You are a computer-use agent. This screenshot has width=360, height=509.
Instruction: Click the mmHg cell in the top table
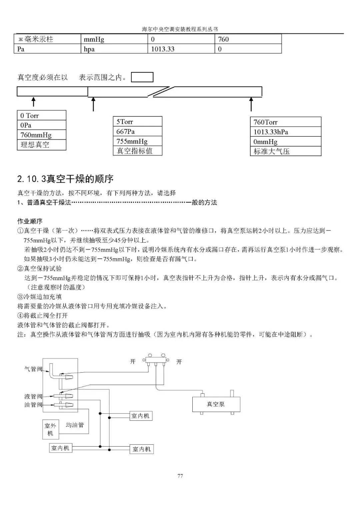[x=114, y=39]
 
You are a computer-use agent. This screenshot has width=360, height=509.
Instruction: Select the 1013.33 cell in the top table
[x=181, y=49]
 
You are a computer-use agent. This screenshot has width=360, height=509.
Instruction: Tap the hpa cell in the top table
[x=114, y=49]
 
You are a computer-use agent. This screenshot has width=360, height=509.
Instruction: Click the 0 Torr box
[x=41, y=115]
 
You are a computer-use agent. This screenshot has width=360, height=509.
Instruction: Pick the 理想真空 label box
[x=41, y=145]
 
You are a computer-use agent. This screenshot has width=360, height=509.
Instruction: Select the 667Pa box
[x=137, y=131]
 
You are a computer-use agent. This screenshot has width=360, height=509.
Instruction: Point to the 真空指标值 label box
[x=137, y=151]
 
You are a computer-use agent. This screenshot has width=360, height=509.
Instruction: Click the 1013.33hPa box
[x=285, y=132]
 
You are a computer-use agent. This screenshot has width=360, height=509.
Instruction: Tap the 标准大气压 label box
[x=285, y=151]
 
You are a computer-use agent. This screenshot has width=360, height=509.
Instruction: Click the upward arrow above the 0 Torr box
[x=33, y=101]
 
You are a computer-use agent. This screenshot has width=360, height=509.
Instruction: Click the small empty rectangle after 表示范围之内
[x=142, y=77]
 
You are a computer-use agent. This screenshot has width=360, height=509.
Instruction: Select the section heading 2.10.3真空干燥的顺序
[x=65, y=179]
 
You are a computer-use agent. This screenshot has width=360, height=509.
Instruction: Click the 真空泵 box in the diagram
[x=216, y=404]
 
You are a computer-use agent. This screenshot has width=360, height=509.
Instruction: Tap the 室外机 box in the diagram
[x=50, y=429]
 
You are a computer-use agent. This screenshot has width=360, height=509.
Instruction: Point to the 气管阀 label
[x=33, y=369]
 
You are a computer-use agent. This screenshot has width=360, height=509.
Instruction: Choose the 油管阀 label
[x=33, y=405]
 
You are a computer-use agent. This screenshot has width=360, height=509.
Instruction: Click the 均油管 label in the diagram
[x=75, y=425]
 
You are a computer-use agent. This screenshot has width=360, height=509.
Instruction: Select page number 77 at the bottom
[x=180, y=476]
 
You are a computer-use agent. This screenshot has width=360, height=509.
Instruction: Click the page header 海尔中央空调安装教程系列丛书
[x=180, y=29]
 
